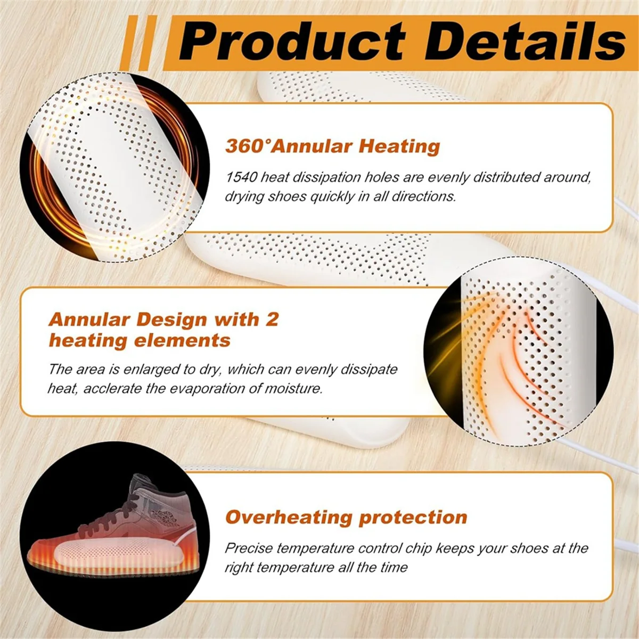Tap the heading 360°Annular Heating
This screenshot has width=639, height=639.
(332, 146)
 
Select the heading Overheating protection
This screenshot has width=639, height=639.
(346, 517)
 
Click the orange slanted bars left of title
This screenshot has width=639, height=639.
(140, 43)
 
